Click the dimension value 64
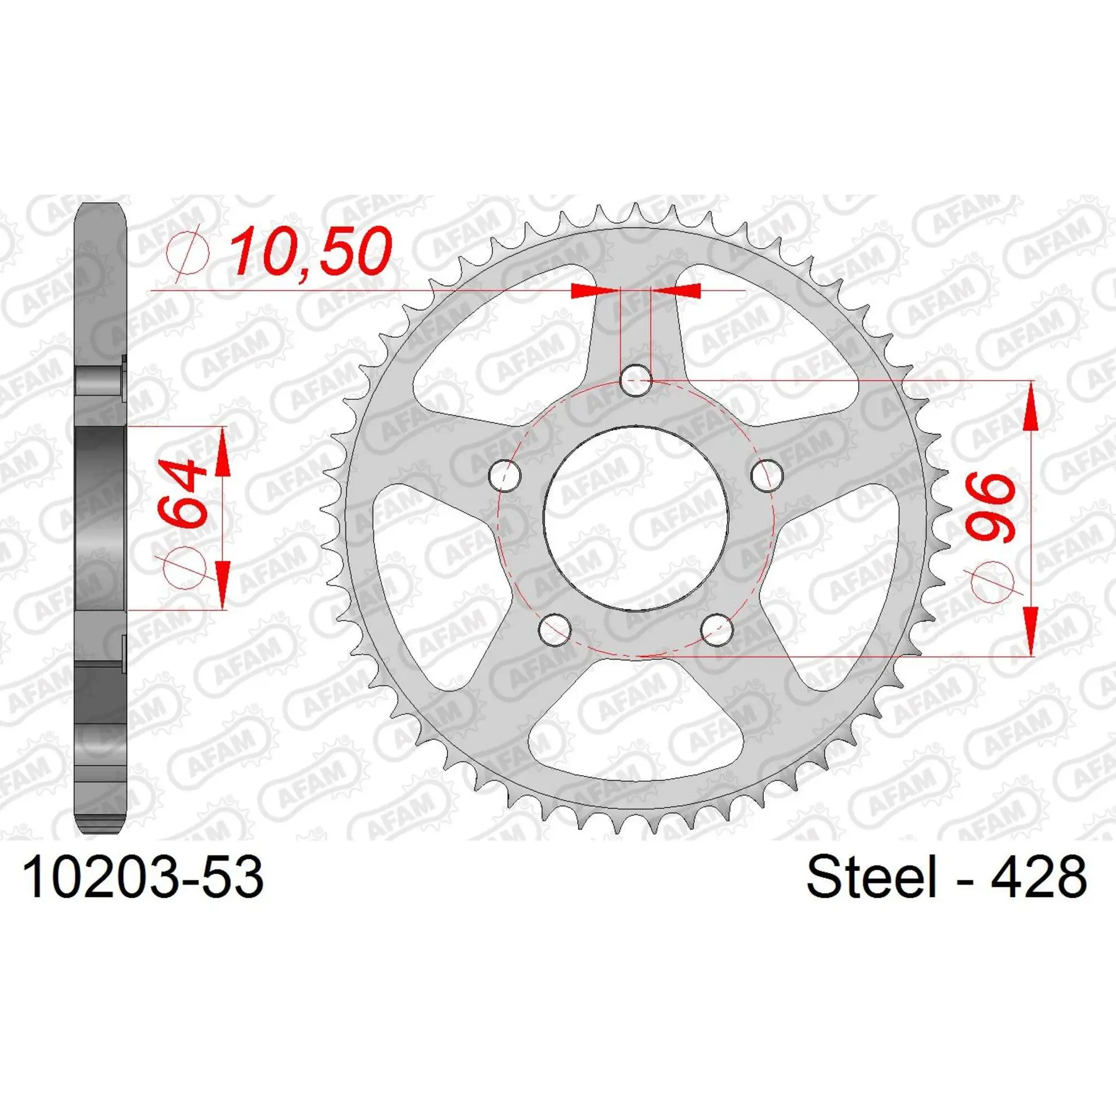pos(182,494)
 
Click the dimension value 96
pos(990,508)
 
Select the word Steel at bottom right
pos(871,877)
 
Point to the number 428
pos(1038,877)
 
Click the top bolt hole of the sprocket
pos(636,380)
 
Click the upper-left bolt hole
pos(505,476)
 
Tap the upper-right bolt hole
pos(767,476)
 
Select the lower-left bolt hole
pos(555,629)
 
